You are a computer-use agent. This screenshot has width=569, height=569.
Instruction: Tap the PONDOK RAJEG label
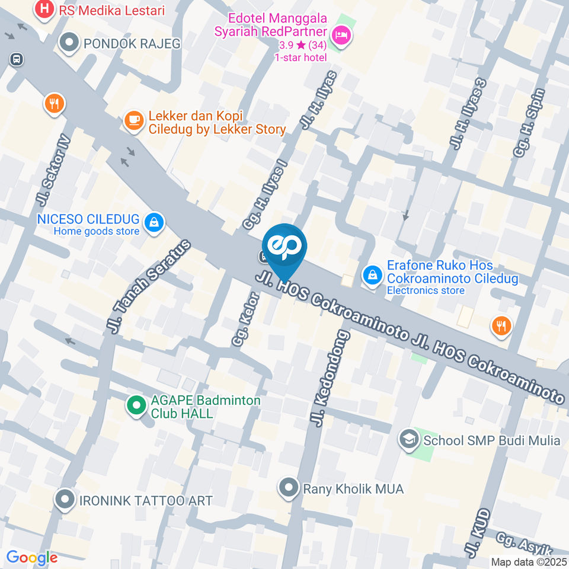click(132, 43)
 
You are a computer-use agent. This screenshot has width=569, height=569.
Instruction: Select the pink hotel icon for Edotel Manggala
click(342, 36)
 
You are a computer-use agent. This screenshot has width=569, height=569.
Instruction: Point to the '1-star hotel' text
click(300, 57)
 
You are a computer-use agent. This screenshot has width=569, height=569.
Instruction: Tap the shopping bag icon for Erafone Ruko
click(372, 275)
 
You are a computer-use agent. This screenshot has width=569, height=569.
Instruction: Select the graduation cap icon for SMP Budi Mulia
click(408, 439)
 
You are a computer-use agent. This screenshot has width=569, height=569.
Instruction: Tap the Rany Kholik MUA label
click(353, 489)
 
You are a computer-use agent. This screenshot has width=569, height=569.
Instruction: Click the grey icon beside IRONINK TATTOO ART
click(65, 500)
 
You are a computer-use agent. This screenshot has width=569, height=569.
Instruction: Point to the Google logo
click(31, 558)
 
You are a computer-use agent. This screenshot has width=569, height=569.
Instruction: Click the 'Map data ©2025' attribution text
click(528, 562)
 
